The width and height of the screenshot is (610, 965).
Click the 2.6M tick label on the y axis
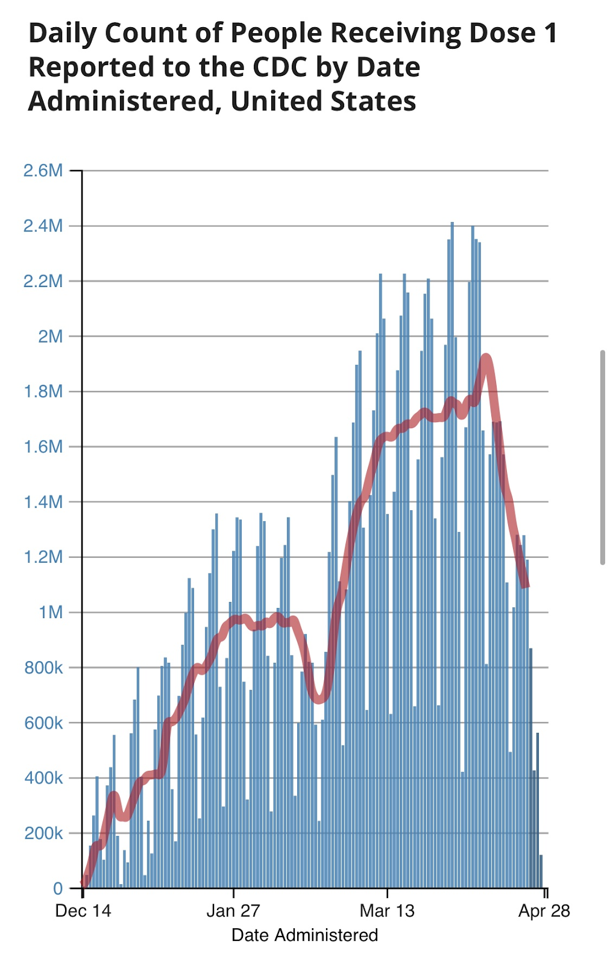click(x=43, y=171)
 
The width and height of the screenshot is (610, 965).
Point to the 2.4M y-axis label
click(x=43, y=226)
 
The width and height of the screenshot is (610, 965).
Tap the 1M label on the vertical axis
click(x=50, y=613)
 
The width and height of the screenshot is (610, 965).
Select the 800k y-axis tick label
click(x=43, y=668)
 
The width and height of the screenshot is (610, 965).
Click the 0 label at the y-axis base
click(x=58, y=888)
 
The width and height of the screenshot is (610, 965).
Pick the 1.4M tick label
click(x=43, y=502)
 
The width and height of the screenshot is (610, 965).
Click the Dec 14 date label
click(x=83, y=911)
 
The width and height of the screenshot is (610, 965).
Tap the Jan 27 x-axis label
click(x=233, y=911)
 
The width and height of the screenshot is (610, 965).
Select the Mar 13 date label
click(x=387, y=911)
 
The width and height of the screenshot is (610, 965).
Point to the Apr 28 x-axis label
click(x=544, y=911)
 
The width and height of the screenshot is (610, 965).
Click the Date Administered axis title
click(x=304, y=935)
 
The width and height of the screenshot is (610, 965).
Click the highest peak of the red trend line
click(x=486, y=359)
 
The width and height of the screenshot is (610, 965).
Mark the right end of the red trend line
click(x=526, y=584)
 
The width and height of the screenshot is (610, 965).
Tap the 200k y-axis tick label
click(x=43, y=834)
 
